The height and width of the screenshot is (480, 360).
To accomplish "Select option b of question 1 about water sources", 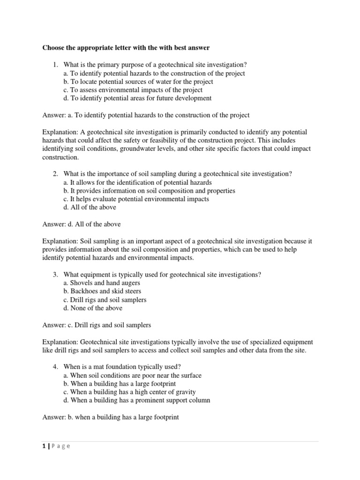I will point(138,82).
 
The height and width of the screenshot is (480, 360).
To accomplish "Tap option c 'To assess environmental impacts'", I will point(133,90).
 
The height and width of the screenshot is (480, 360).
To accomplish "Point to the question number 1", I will point(55,65).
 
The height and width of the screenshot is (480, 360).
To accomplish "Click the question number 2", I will point(55,174).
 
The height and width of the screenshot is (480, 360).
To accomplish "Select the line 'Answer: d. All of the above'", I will point(82,224).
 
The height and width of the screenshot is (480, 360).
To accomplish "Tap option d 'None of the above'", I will point(92,308).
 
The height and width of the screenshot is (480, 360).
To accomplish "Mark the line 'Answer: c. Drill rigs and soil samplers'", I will point(97,325).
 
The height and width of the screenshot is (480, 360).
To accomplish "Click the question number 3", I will point(55,275).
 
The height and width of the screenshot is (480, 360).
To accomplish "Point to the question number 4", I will point(55,367).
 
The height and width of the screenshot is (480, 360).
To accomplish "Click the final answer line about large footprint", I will point(111,417).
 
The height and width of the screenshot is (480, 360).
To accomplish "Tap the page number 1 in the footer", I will point(44,446).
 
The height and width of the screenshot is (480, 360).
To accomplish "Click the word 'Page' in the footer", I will point(61,446).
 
